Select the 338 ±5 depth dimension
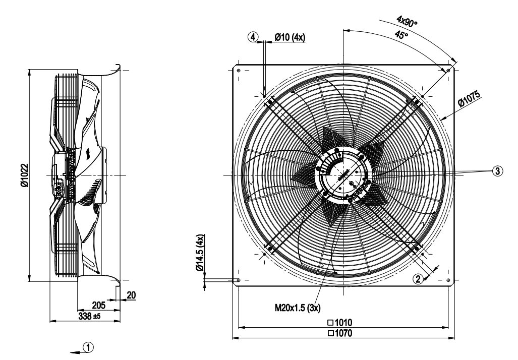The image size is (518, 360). click(90, 316)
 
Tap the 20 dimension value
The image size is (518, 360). click(131, 295)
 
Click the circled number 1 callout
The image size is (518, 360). click(88, 347)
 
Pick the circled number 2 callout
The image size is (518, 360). click(418, 278)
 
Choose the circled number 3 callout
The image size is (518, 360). click(497, 171)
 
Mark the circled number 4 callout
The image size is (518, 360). click(253, 37)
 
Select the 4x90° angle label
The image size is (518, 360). click(408, 21)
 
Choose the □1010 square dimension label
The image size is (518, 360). click(342, 322)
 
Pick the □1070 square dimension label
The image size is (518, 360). click(342, 333)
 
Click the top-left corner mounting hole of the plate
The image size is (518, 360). click(239, 70)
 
